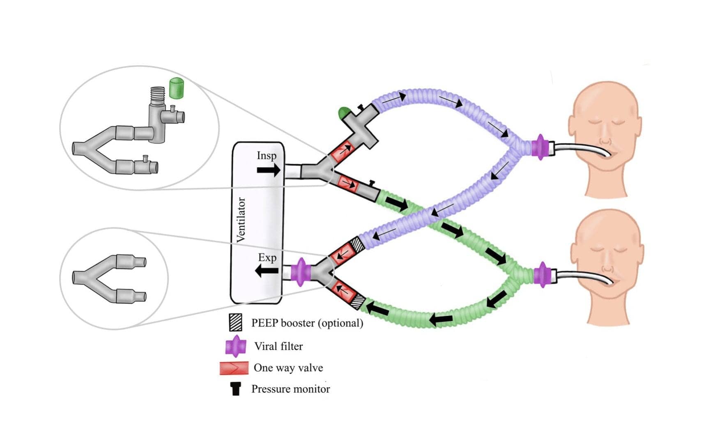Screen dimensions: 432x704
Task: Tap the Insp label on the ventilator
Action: tap(267, 156)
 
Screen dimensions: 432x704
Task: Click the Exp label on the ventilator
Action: tap(267, 257)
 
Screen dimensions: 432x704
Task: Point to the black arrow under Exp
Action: tap(267, 271)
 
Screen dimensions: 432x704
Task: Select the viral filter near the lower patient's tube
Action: tap(542, 274)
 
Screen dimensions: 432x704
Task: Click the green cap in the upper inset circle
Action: tap(176, 88)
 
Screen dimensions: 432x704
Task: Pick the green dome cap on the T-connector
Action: tap(344, 112)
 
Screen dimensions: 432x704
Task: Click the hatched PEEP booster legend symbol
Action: tap(235, 322)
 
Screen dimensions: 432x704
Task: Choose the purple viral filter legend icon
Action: tap(235, 346)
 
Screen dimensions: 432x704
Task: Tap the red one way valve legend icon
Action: tap(234, 368)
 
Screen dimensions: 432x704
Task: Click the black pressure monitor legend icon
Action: tap(235, 388)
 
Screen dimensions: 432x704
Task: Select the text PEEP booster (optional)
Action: tap(307, 323)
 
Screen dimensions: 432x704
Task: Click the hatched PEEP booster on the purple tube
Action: tap(357, 245)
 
